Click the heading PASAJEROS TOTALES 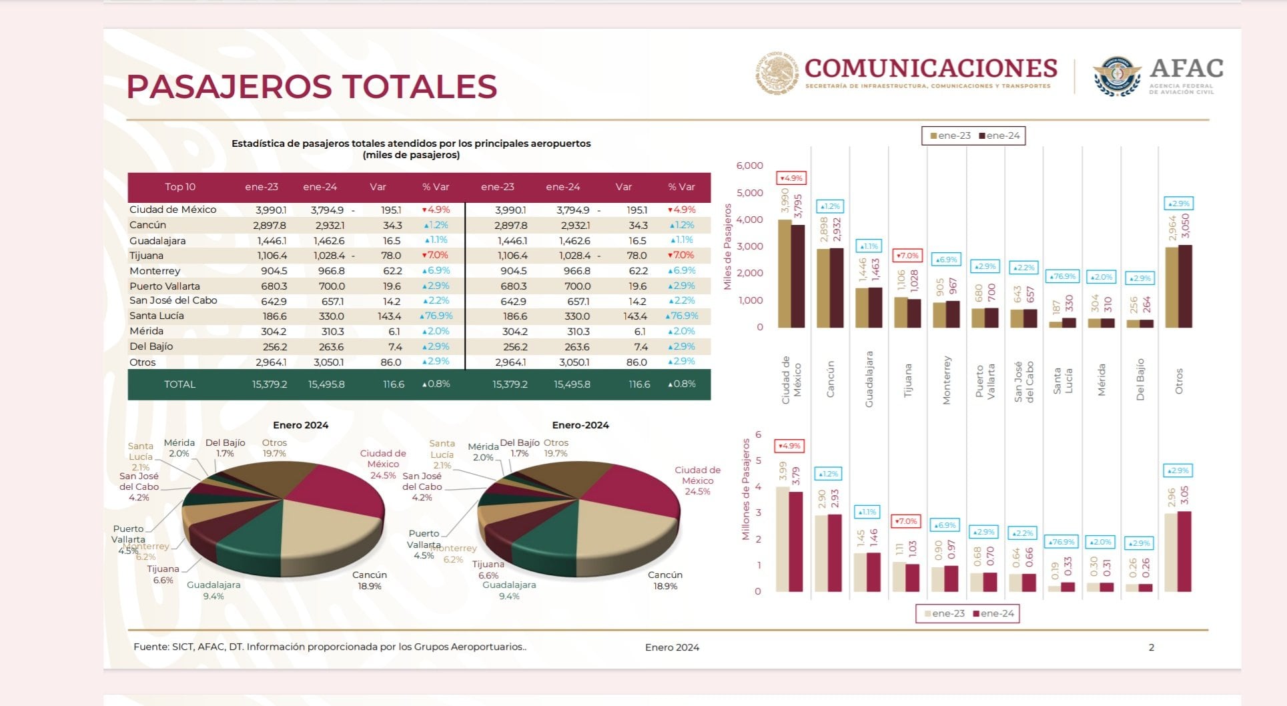(312, 87)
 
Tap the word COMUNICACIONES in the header (931, 68)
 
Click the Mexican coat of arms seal (777, 73)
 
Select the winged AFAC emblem (1117, 76)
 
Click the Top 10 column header (180, 187)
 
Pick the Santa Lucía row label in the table (157, 316)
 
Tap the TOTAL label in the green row (180, 384)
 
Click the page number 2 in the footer (1151, 647)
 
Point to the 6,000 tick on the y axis (749, 165)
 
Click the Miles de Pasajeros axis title (728, 247)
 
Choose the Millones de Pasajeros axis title (746, 489)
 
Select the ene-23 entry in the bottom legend (944, 613)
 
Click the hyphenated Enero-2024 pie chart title (580, 425)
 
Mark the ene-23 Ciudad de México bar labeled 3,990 (785, 274)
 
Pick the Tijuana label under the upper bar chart (907, 380)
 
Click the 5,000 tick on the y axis (749, 193)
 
